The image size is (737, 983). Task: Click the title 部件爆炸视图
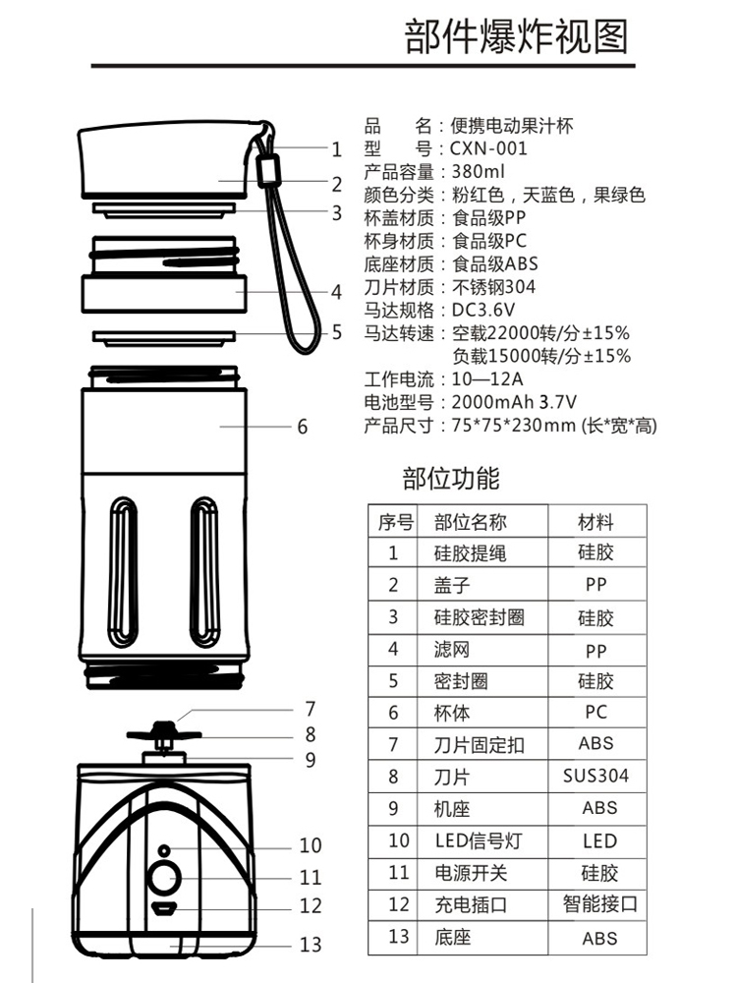click(x=516, y=36)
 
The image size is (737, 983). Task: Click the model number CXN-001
click(x=488, y=148)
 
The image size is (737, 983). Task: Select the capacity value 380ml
click(x=477, y=172)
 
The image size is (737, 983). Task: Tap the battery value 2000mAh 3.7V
click(x=513, y=402)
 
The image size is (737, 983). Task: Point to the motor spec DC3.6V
click(x=483, y=311)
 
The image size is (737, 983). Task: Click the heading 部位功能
click(x=451, y=479)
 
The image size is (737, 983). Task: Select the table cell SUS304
click(x=595, y=776)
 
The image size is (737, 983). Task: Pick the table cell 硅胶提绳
click(x=470, y=553)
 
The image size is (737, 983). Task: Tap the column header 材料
click(x=595, y=521)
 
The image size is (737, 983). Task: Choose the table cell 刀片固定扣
click(x=479, y=745)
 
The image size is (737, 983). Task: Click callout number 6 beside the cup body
click(x=302, y=426)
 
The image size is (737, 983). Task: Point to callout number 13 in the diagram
click(x=311, y=946)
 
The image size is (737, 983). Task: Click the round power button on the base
click(x=163, y=878)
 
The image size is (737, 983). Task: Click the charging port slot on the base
click(x=163, y=908)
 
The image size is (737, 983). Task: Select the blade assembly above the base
click(x=164, y=734)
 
